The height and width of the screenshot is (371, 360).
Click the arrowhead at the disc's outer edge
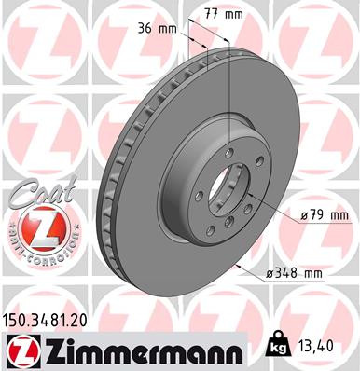pyautogui.click(x=243, y=267)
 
